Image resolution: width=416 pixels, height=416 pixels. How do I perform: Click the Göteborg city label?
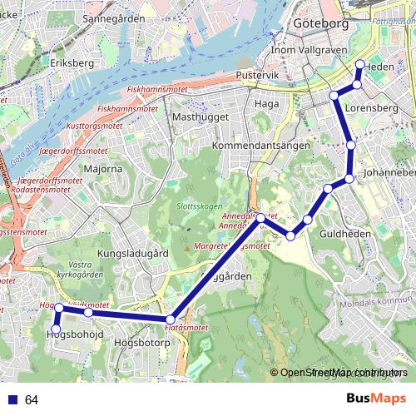(321, 25)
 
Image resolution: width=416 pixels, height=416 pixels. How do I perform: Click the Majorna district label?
(103, 169)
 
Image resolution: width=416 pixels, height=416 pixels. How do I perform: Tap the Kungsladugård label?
(133, 252)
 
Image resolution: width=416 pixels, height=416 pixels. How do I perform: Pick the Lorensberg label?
(368, 107)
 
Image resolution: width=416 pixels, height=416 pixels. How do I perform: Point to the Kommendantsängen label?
(255, 146)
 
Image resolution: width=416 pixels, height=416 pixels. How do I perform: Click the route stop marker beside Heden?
(359, 65)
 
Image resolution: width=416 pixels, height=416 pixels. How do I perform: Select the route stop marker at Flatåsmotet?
(171, 319)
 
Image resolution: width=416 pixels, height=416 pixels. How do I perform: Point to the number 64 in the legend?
(32, 400)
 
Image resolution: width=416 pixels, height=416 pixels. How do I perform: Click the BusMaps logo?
(377, 399)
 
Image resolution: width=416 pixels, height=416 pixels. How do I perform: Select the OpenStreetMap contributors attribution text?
(339, 373)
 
